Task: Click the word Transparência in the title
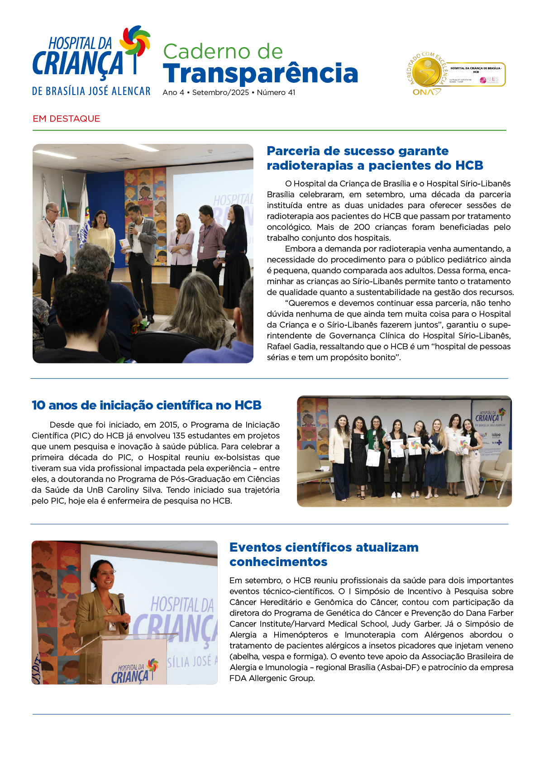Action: (x=260, y=73)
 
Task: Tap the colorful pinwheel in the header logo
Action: (x=135, y=41)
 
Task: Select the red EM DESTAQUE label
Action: (x=67, y=119)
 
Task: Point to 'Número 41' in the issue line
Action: (x=276, y=92)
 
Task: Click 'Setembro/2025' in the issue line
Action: (x=220, y=92)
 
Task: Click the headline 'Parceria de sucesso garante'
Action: (x=358, y=151)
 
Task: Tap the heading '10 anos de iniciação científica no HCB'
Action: (x=147, y=405)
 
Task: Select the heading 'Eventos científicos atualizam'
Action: (x=324, y=547)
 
